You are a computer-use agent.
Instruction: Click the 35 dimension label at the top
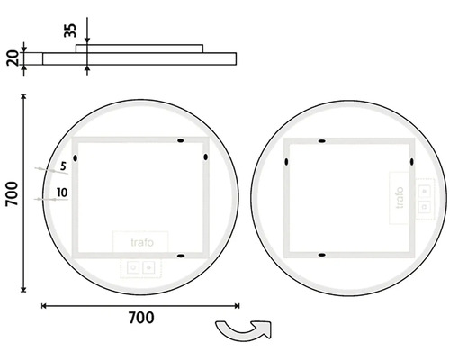[70, 31]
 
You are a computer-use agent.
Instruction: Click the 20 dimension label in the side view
[13, 58]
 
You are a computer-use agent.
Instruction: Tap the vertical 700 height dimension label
[13, 193]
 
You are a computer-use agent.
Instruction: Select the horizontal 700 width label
[141, 318]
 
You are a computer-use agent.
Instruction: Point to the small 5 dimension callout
[63, 166]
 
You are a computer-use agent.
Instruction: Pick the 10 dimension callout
[62, 193]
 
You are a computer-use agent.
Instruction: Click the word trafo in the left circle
[142, 242]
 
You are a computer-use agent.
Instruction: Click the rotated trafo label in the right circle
[400, 198]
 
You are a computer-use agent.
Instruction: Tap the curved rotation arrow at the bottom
[244, 330]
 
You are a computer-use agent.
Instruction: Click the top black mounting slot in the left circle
[181, 140]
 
